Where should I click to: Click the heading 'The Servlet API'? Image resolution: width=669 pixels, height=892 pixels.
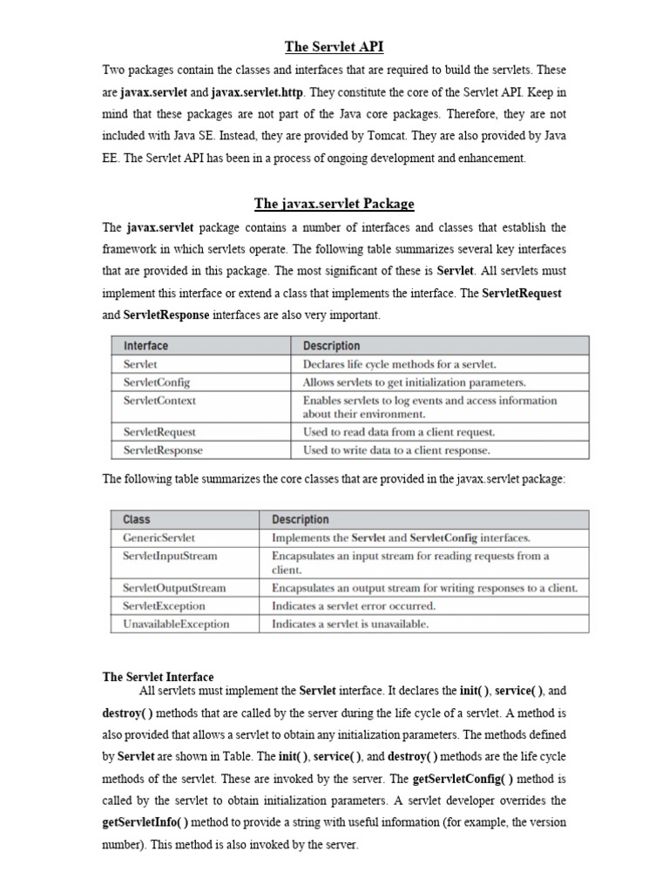click(334, 47)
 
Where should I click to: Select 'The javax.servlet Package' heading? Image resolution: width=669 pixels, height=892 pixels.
click(334, 204)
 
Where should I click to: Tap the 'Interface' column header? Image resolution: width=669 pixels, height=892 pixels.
click(146, 346)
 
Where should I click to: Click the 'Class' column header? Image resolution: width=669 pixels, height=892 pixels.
click(137, 519)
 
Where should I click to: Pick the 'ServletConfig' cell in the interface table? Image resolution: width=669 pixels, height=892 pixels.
click(157, 382)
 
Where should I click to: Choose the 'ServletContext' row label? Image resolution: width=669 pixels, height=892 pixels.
click(159, 401)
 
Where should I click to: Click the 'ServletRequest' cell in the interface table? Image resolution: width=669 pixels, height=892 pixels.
click(159, 431)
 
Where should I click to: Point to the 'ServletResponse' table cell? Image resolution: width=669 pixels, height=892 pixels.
click(163, 450)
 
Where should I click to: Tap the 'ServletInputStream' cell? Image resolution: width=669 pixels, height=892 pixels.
click(171, 556)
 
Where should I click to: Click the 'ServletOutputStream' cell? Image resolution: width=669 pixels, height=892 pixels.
click(174, 587)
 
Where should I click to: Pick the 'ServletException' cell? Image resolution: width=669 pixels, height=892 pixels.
click(165, 605)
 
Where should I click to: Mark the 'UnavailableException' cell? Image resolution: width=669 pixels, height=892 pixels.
click(176, 624)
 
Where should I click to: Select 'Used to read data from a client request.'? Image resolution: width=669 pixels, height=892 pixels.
click(399, 431)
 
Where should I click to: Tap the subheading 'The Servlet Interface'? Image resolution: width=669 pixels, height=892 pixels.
click(158, 676)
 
